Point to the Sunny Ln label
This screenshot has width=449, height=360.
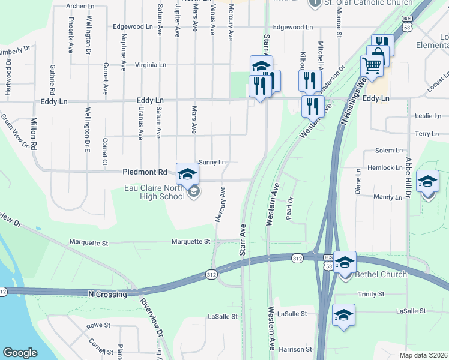(212, 162)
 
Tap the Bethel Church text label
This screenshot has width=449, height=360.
(381, 274)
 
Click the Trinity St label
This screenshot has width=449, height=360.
(370, 294)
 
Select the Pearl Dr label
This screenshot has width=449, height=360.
(291, 209)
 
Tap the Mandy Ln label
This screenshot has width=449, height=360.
(387, 197)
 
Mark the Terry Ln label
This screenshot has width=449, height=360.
(427, 134)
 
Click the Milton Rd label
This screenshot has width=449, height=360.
(34, 137)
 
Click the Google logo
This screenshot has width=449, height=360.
(20, 353)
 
